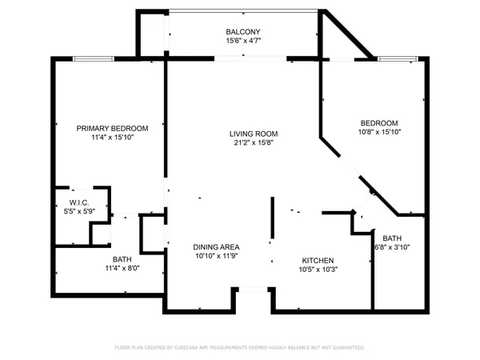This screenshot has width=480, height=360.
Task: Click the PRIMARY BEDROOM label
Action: pos(112,128)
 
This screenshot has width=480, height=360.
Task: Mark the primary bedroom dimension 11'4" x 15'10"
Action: pos(112,138)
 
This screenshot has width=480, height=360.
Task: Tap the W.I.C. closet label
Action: pos(78,202)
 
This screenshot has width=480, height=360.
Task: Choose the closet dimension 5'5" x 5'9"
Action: pos(78,211)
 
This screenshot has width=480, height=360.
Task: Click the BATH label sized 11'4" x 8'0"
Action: pos(122,259)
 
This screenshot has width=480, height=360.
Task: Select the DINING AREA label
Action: pos(217,247)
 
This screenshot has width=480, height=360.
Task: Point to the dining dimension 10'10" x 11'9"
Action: pos(217,257)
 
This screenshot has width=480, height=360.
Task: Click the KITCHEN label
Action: pos(318,261)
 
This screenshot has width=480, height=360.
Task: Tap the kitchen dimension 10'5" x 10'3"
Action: pos(318,270)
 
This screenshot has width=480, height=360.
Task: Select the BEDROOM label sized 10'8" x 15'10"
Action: pos(378,122)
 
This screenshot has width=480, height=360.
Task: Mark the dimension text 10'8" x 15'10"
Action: pos(378,132)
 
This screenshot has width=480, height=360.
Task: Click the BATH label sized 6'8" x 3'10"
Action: pos(392,238)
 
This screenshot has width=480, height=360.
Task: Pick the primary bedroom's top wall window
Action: pos(86,58)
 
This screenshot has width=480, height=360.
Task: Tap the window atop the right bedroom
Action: pos(398,58)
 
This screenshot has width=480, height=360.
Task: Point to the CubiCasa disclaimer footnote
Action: pos(240,348)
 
